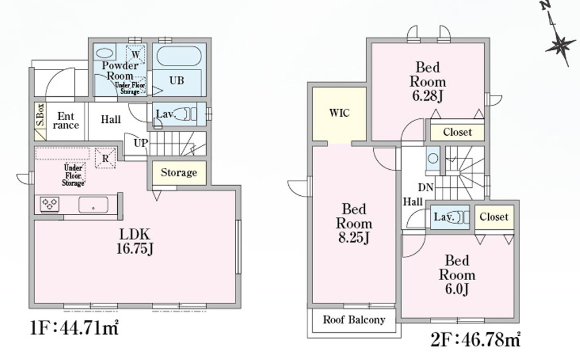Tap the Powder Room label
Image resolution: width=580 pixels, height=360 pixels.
click(120, 71)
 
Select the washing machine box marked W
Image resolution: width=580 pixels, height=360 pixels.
click(135, 54)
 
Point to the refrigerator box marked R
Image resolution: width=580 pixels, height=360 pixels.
click(105, 158)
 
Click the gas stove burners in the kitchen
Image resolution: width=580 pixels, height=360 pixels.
click(50, 204)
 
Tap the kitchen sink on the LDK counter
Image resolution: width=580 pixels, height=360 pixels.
click(93, 205)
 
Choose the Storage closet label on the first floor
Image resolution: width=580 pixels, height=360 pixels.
click(179, 173)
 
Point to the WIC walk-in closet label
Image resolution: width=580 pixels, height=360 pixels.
click(339, 113)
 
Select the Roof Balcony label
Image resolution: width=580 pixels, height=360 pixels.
click(354, 320)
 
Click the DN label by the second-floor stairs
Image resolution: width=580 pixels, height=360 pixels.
click(426, 187)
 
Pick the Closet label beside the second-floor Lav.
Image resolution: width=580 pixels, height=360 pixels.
click(494, 217)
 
